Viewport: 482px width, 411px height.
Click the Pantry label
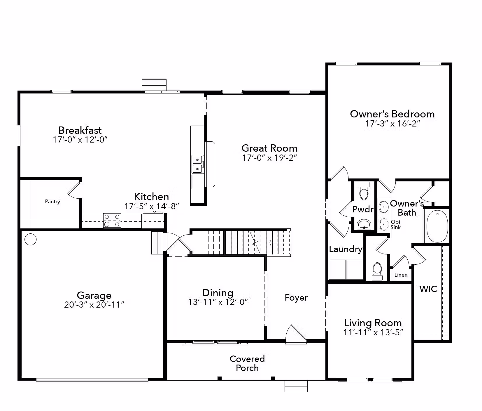click(52, 202)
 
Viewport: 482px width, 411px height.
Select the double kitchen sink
click(197, 164)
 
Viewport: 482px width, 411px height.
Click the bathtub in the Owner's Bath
click(437, 226)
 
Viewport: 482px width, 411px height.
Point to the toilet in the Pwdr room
click(364, 191)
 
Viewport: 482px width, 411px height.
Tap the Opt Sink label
click(396, 225)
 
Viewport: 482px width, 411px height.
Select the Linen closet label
click(401, 275)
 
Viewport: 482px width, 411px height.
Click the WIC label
click(428, 289)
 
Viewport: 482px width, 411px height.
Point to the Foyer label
click(296, 298)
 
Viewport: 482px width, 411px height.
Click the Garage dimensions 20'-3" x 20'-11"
click(94, 305)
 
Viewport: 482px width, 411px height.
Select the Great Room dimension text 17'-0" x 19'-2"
click(269, 158)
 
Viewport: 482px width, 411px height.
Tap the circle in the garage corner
click(31, 239)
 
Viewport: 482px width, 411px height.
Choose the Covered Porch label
click(247, 363)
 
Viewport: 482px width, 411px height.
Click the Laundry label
click(346, 249)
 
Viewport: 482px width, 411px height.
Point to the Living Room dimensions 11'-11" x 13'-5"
click(373, 332)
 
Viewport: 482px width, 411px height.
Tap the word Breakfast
click(80, 130)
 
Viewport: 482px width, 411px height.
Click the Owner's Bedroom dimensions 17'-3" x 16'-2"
click(392, 124)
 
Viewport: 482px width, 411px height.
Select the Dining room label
click(218, 293)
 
